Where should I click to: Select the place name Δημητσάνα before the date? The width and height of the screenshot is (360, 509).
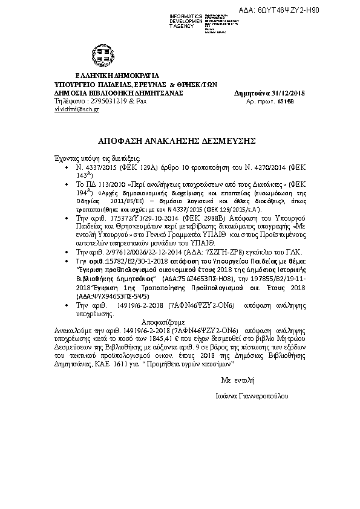point(252,92)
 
